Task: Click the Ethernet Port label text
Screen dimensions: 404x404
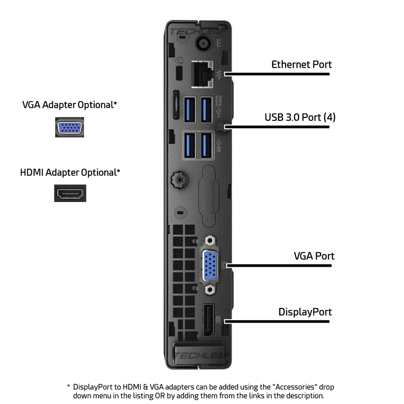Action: [x=301, y=64]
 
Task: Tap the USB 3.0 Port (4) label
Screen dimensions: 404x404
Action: [x=300, y=117]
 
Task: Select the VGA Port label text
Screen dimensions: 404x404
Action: [x=314, y=256]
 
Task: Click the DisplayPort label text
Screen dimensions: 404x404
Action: [x=305, y=312]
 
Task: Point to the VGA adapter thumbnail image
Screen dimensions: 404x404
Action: [x=69, y=128]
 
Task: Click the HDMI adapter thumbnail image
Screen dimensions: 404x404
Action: [x=70, y=193]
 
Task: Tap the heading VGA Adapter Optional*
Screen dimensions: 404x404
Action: [x=69, y=105]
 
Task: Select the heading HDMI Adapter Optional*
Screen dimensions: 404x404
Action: [x=70, y=173]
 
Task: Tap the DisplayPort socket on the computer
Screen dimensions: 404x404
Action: [x=208, y=320]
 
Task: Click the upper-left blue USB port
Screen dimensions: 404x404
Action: [x=190, y=108]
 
